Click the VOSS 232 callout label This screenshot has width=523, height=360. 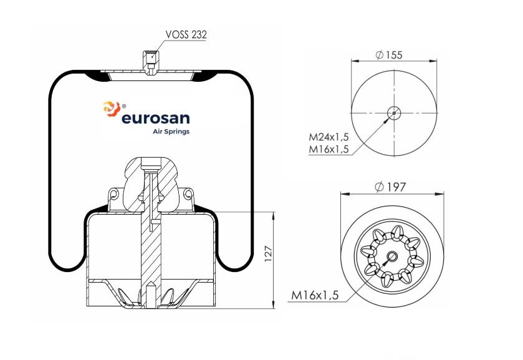click(186, 34)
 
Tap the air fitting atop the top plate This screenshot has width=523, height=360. click(151, 63)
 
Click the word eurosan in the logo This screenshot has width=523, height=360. click(156, 118)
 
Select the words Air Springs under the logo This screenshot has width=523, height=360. click(171, 132)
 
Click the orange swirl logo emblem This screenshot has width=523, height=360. click(112, 109)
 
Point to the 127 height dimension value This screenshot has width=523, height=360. click(269, 254)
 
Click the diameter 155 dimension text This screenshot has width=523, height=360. click(389, 55)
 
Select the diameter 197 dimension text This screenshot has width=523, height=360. click(390, 187)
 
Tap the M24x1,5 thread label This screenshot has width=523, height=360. click(329, 137)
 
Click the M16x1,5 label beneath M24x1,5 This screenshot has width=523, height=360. click(329, 149)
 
